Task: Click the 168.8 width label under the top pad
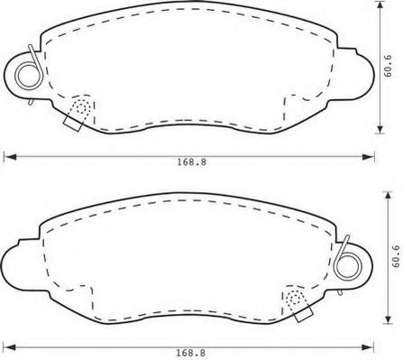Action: point(191,162)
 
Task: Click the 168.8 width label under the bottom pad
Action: point(190,353)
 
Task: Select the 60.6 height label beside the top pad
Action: point(388,66)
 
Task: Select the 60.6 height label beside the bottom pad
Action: point(396,256)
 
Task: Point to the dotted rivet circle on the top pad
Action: point(81,107)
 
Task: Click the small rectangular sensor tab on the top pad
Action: point(73,124)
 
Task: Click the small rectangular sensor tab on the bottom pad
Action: point(304,314)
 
